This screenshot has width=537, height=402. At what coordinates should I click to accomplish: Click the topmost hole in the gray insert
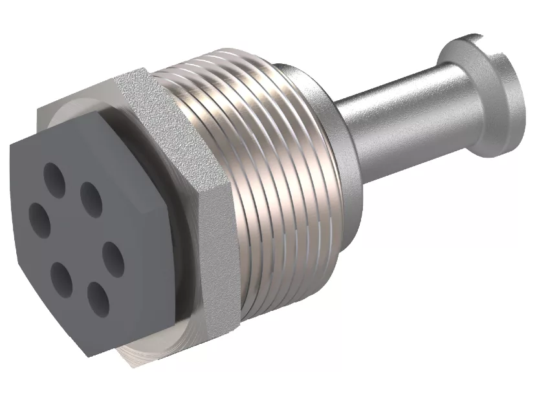coord(52,175)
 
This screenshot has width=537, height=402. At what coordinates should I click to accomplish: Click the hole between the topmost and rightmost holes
coord(90,198)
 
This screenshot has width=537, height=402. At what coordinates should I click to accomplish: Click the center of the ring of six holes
coord(76,237)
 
